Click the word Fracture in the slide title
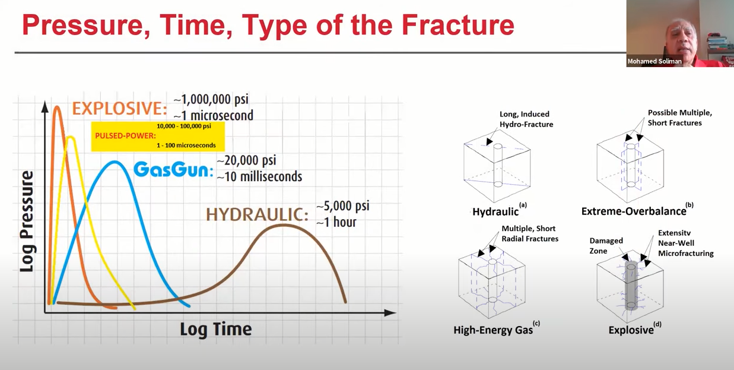[457, 25]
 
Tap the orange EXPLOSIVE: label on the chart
[119, 109]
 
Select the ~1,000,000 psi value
[211, 99]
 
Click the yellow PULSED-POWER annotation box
[158, 137]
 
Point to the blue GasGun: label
[173, 170]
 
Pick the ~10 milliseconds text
[259, 176]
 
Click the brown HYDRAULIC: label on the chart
[257, 215]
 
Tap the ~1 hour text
[336, 222]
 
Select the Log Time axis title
[216, 330]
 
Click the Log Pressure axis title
[27, 222]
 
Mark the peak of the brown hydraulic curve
[284, 225]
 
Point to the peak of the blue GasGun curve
[115, 162]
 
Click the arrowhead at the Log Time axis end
[390, 312]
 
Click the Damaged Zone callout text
[606, 246]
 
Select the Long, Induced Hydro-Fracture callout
[526, 119]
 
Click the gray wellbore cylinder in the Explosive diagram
[631, 286]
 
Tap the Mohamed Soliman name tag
[654, 61]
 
